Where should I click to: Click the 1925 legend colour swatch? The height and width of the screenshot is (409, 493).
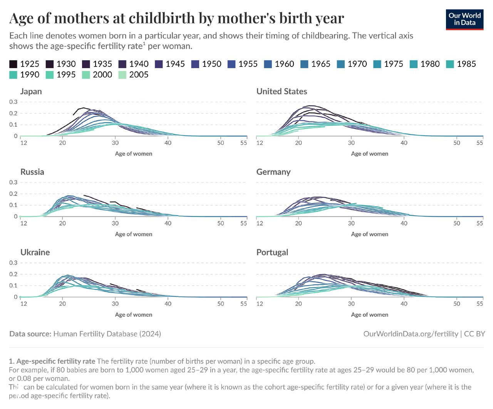[x=13, y=64]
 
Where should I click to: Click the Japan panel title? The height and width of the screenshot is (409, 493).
[x=31, y=91]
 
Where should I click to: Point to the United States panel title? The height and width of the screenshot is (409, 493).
[x=282, y=91]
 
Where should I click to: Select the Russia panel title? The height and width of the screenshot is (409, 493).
[x=32, y=172]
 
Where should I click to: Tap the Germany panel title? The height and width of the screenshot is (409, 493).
[x=273, y=172]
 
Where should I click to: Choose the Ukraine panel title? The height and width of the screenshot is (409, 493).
[x=35, y=252]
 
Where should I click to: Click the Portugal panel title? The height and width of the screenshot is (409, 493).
[x=272, y=252]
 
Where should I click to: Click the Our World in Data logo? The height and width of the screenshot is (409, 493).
[x=464, y=19]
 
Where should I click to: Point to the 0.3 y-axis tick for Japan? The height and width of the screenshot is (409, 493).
[x=13, y=102]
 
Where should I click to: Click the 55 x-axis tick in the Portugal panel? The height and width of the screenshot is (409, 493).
[x=480, y=304]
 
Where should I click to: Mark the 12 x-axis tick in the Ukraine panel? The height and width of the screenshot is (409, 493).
[x=24, y=304]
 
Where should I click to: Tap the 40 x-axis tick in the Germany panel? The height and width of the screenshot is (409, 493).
[x=404, y=223]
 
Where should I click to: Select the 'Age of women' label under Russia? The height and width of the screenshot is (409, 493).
[x=134, y=234]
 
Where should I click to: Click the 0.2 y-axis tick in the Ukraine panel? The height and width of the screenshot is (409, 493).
[x=13, y=274]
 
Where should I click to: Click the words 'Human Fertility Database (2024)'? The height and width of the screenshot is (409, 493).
[x=107, y=334]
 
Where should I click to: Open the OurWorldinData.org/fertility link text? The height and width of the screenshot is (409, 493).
[x=411, y=334]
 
